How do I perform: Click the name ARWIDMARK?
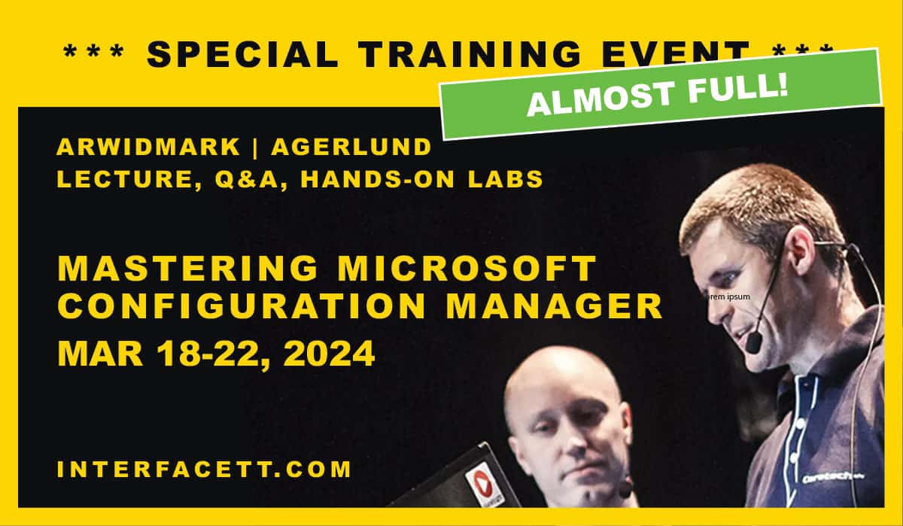147,147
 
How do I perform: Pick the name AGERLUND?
351,147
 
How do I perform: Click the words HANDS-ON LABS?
422,180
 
